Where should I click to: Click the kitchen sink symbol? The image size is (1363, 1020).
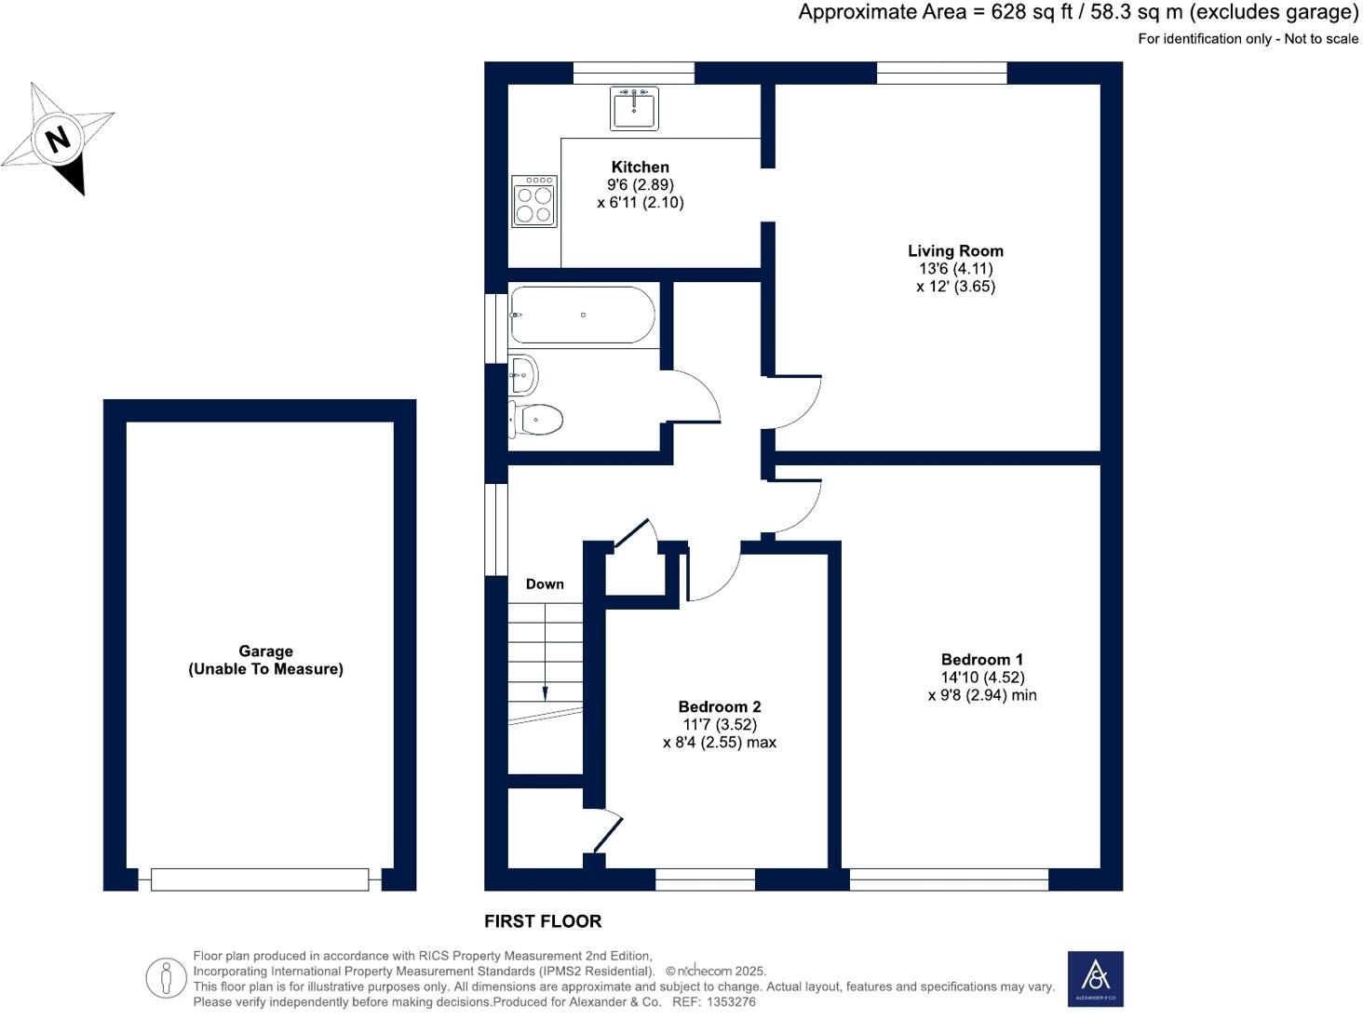[x=634, y=108]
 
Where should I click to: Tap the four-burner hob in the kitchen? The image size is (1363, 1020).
[x=534, y=201]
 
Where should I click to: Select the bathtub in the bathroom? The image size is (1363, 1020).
[x=582, y=315]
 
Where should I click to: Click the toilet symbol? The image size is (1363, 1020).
[x=537, y=420]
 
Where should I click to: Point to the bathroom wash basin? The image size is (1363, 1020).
[x=523, y=375]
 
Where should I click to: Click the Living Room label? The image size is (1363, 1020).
[x=955, y=250]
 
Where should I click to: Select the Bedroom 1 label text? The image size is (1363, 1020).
[x=981, y=659]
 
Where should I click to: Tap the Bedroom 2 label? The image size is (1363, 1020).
[x=719, y=706]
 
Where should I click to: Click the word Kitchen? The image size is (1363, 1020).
[x=640, y=167]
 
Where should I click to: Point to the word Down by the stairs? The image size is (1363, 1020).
[x=545, y=584]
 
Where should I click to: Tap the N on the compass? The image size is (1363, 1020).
[x=59, y=140]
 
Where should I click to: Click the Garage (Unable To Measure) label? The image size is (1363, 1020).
[x=265, y=660]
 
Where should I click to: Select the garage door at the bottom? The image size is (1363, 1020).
[x=260, y=879]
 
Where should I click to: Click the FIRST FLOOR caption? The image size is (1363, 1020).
[x=543, y=921]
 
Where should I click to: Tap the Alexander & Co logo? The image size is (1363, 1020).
[x=1095, y=978]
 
